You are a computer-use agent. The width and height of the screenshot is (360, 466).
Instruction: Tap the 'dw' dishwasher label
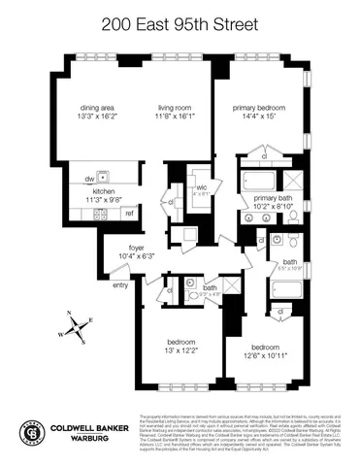87,179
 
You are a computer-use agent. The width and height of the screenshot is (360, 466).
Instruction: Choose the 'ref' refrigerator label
128,213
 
